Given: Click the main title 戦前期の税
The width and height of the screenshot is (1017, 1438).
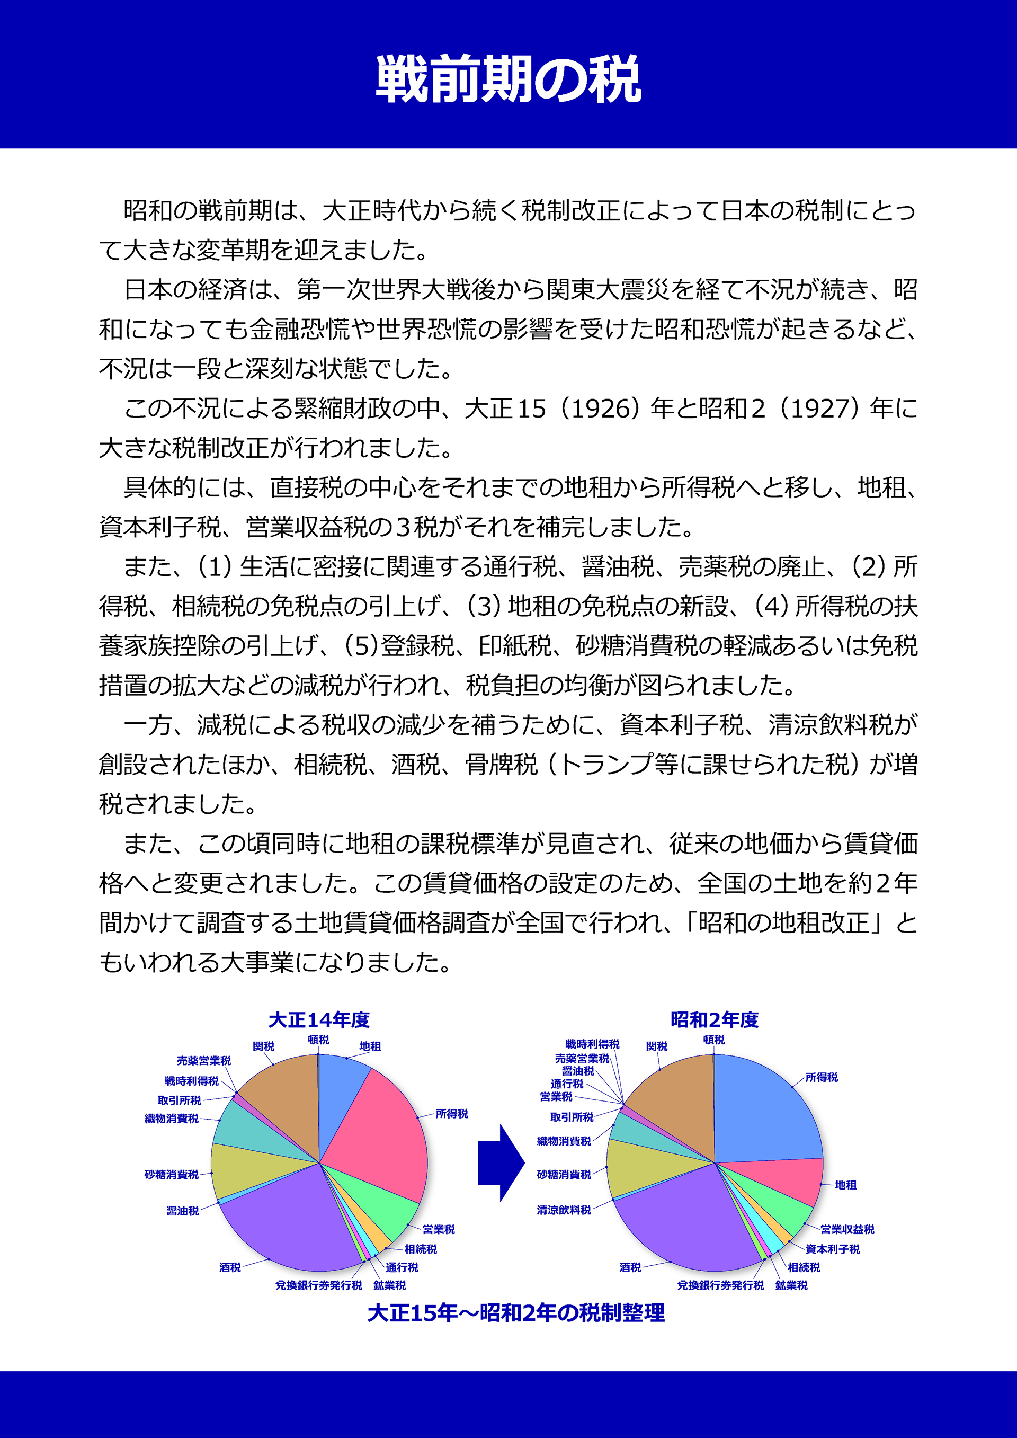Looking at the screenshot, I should tap(508, 79).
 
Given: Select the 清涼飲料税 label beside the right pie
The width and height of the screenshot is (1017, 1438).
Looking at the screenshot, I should tap(564, 1210).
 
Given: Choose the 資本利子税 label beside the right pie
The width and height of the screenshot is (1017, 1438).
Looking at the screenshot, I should tap(832, 1249).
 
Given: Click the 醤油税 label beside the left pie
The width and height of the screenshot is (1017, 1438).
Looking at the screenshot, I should tap(182, 1211).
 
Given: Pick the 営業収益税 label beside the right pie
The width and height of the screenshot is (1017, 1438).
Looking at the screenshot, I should tap(847, 1229).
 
